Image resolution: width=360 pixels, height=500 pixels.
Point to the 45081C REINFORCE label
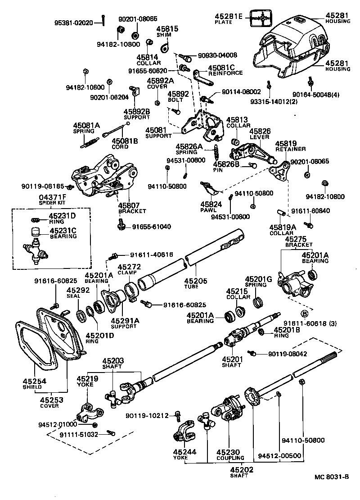point(225,70)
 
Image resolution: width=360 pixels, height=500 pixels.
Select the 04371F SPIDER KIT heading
point(52,200)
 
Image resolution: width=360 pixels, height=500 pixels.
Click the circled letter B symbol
point(305,314)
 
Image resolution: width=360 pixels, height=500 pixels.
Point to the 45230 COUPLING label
point(230,454)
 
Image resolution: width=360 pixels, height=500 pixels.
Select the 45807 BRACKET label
point(132,208)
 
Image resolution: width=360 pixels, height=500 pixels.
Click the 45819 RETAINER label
point(290,146)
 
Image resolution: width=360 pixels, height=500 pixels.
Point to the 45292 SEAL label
point(76,293)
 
